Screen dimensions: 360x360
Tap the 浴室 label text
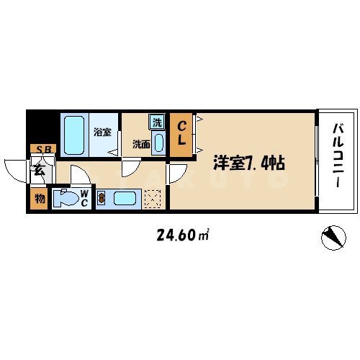click(x=103, y=132)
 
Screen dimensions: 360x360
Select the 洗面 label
click(x=140, y=143)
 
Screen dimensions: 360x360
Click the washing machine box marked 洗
click(x=156, y=122)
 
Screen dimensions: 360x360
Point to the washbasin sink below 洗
click(x=158, y=142)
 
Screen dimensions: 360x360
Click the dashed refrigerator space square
click(x=152, y=198)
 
